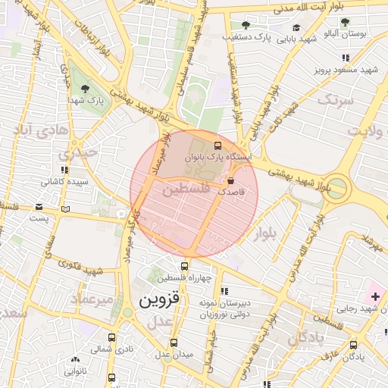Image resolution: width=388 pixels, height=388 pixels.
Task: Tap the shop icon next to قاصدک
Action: pyautogui.click(x=231, y=180)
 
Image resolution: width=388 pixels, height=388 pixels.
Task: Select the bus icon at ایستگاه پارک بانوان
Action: pyautogui.click(x=218, y=145)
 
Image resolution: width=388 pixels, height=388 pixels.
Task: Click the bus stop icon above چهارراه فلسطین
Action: pyautogui.click(x=185, y=266)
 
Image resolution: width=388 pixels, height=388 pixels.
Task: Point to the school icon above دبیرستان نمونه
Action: pyautogui.click(x=224, y=291)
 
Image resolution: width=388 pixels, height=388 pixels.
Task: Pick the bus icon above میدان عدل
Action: pyautogui.click(x=174, y=342)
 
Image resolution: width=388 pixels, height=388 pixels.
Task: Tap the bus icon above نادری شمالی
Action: pyautogui.click(x=112, y=338)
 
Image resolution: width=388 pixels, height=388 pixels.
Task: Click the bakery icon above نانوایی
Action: pyautogui.click(x=74, y=361)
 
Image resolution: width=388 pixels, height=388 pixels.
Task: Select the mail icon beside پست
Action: pyautogui.click(x=65, y=209)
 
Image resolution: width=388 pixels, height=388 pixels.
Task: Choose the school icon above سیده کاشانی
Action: pyautogui.click(x=64, y=171)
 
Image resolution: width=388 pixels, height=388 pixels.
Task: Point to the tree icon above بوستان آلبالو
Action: pyautogui.click(x=346, y=22)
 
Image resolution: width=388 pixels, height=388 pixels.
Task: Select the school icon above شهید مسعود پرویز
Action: pyautogui.click(x=346, y=58)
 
